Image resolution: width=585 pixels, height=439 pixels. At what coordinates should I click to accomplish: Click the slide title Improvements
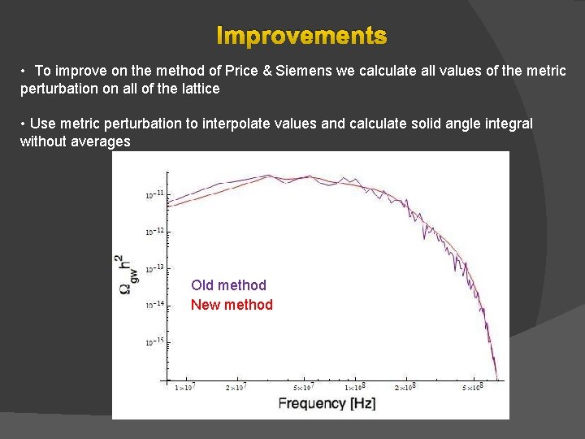(x=301, y=37)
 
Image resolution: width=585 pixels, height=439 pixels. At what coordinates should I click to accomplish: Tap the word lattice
(x=197, y=89)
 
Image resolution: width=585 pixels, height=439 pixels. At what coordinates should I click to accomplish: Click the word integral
(x=509, y=124)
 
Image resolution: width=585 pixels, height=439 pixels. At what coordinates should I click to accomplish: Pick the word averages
(x=101, y=141)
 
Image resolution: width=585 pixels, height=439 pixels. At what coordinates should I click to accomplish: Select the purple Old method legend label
(x=228, y=285)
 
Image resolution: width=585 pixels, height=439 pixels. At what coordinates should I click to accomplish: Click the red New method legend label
(x=232, y=305)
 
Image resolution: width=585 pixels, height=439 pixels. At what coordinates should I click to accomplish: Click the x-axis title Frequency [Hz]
(x=327, y=404)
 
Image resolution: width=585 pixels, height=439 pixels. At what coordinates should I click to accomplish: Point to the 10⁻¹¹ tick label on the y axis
(x=154, y=194)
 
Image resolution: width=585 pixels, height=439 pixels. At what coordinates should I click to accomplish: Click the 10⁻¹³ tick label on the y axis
(x=154, y=268)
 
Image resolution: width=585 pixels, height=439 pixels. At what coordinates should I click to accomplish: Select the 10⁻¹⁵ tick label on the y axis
(x=154, y=342)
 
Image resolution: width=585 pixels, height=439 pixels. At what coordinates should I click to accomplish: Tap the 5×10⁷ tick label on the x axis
(x=305, y=387)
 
